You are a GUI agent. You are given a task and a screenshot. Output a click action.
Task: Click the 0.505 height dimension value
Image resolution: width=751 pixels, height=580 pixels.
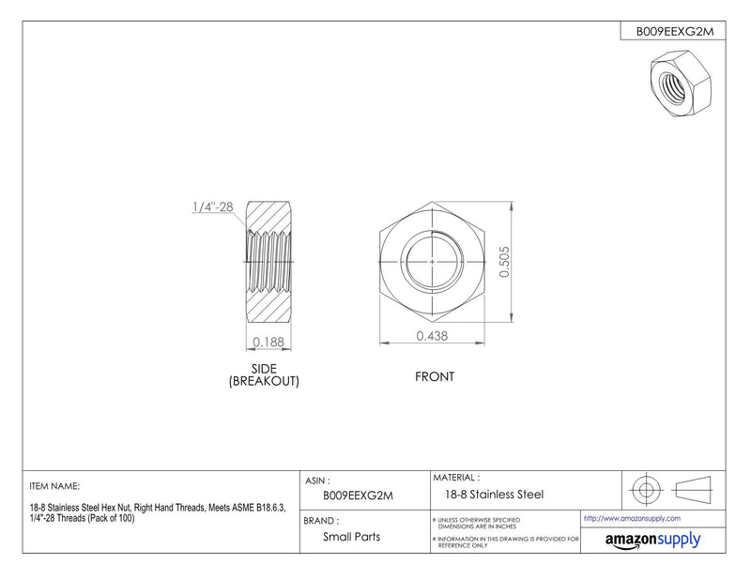(x=504, y=262)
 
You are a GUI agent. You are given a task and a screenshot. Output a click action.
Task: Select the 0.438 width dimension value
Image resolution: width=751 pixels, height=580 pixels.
(x=432, y=336)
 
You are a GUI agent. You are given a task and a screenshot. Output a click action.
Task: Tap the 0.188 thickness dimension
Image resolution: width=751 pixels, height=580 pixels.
(x=268, y=342)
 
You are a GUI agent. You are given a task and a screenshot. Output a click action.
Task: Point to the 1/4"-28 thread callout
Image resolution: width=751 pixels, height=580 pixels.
(x=213, y=206)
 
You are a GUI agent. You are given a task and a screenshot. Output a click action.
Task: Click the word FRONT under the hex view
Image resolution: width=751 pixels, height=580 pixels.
(x=435, y=377)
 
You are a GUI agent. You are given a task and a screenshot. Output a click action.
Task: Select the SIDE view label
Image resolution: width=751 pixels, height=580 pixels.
(x=264, y=369)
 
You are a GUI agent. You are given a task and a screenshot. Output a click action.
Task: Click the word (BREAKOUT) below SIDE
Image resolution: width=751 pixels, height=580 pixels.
(x=264, y=381)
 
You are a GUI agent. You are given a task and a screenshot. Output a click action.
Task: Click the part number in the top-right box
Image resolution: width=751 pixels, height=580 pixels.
(x=674, y=32)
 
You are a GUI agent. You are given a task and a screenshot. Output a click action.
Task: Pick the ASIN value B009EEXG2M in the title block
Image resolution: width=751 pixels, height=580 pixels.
(x=358, y=496)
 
